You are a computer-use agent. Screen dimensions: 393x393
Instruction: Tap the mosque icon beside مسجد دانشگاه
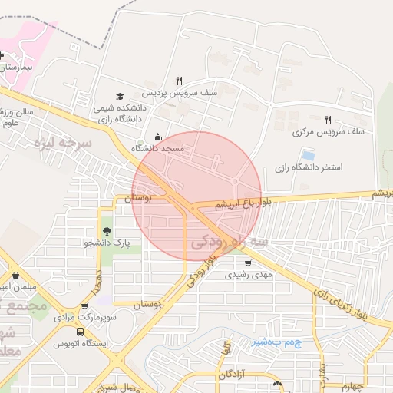click(x=158, y=137)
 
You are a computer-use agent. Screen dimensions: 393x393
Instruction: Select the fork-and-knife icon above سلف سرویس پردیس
click(x=179, y=80)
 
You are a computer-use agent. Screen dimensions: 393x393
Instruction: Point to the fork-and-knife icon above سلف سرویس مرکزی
click(x=328, y=120)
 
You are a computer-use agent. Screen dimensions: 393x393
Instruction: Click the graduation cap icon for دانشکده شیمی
click(x=119, y=96)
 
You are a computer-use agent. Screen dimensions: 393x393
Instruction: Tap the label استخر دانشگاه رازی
click(x=309, y=167)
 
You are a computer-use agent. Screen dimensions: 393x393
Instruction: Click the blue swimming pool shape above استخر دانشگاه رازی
click(x=308, y=154)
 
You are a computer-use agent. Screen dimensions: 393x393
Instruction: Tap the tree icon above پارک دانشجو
click(x=107, y=230)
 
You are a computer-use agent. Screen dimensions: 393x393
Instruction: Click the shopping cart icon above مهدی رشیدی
click(x=247, y=263)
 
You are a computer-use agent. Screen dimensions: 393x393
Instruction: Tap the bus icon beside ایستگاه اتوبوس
click(x=80, y=332)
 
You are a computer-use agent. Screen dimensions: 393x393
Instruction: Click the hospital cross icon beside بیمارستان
click(x=3, y=57)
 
